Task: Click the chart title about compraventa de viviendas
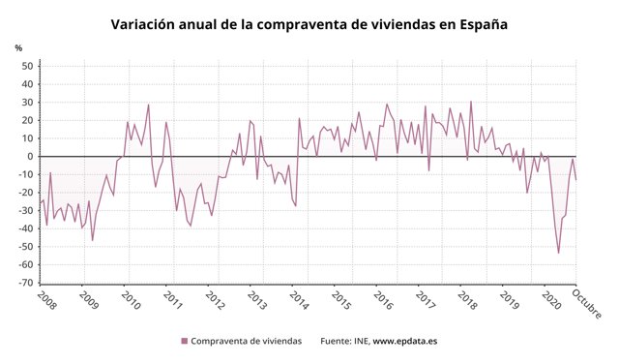click(309, 23)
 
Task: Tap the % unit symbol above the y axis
click(18, 47)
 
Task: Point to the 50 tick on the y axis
click(27, 67)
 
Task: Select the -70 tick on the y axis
click(25, 283)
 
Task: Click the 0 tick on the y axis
click(30, 157)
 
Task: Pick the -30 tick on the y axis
click(25, 210)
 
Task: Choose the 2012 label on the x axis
click(215, 301)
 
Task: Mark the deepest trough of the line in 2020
click(559, 253)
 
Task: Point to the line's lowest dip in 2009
click(93, 240)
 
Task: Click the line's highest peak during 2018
click(471, 102)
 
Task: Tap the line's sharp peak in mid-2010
click(148, 105)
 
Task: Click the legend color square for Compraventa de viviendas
click(184, 341)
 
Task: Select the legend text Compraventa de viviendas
click(246, 341)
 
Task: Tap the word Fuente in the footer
click(335, 341)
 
